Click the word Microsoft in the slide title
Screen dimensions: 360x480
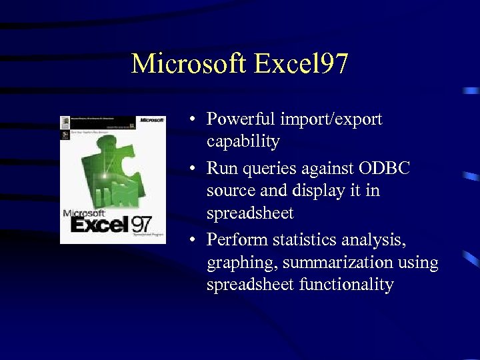189,64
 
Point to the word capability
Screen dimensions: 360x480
243,142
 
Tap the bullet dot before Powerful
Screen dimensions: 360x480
191,120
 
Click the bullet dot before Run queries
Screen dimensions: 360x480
191,169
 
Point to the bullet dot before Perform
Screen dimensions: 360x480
191,240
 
